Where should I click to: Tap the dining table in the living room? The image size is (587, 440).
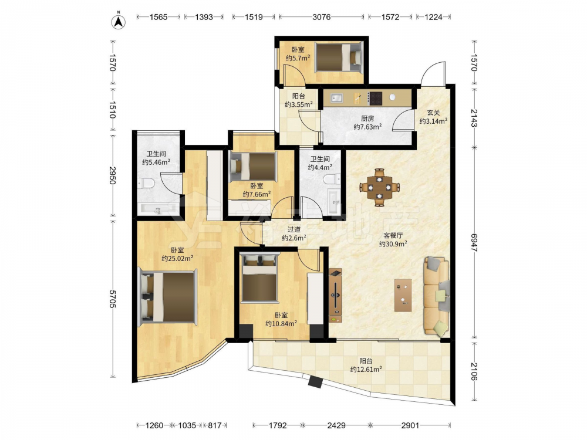click(x=380, y=187)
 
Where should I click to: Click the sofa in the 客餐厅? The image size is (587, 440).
click(x=436, y=295)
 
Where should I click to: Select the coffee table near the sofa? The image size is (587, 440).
click(x=403, y=295)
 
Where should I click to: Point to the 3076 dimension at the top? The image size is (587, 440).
click(x=322, y=17)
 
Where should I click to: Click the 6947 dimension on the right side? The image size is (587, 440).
click(x=474, y=242)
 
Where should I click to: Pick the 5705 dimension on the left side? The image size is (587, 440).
click(x=113, y=298)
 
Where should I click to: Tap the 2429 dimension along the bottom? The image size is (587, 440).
click(x=336, y=425)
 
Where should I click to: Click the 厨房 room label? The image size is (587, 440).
click(x=367, y=119)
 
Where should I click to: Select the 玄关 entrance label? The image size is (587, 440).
click(x=433, y=112)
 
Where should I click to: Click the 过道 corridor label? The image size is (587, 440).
click(x=294, y=229)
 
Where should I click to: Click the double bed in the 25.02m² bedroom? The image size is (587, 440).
click(x=168, y=297)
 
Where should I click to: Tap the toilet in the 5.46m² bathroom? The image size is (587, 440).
click(x=146, y=183)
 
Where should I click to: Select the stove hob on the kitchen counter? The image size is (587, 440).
click(x=375, y=98)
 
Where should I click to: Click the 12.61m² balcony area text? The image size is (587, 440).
click(x=366, y=369)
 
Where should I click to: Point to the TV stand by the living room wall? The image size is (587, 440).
click(x=335, y=296)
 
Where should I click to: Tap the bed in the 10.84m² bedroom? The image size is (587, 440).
click(x=260, y=278)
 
